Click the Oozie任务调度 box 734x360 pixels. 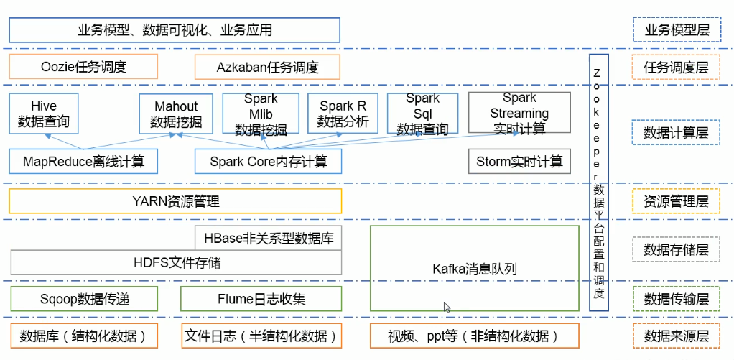coord(83,67)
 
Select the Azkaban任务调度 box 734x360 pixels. coord(267,67)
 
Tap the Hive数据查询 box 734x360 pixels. coord(44,114)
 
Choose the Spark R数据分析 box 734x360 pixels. coord(343,114)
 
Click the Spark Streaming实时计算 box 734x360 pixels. coord(519,114)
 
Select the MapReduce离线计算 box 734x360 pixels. coord(83,162)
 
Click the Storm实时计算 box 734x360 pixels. coord(519,162)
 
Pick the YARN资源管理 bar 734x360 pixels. coord(175,201)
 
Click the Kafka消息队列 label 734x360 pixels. coord(475,269)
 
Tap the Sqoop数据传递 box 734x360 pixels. coord(83,298)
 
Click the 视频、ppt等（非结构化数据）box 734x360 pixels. coord(474,336)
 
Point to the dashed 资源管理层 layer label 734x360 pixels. coord(675,202)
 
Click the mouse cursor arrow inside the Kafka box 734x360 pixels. coord(447,307)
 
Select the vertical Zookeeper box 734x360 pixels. coord(598,183)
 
